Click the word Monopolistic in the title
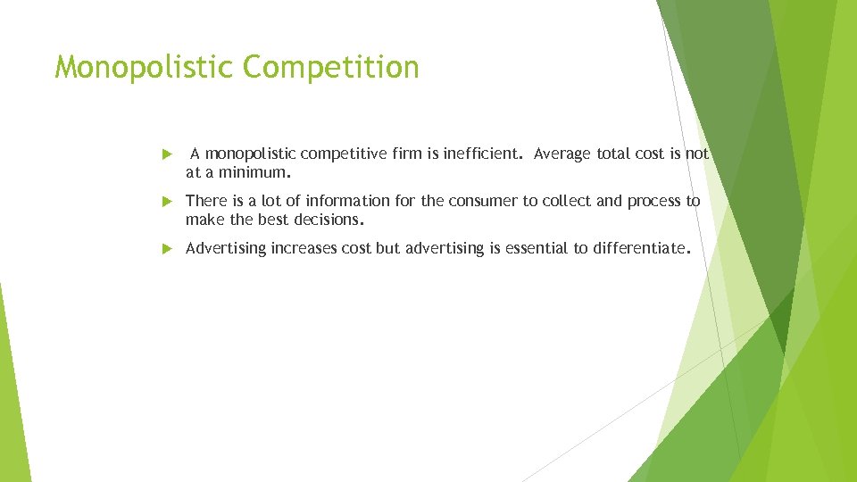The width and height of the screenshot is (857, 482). click(x=143, y=68)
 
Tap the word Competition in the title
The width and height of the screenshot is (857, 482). click(x=330, y=68)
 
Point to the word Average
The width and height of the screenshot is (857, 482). click(x=562, y=154)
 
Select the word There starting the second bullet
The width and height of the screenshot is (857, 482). click(x=204, y=201)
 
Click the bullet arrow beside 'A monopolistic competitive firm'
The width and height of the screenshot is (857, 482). click(x=167, y=154)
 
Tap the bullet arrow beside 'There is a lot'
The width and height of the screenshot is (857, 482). click(x=167, y=202)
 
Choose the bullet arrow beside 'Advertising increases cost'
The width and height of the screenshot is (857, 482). click(x=167, y=249)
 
